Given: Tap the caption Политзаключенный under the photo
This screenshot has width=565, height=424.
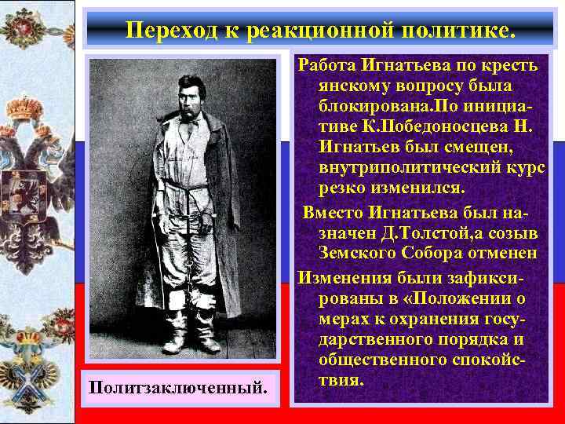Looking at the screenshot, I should point(178,387).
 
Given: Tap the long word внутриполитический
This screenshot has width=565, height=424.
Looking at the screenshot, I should point(409,168).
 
